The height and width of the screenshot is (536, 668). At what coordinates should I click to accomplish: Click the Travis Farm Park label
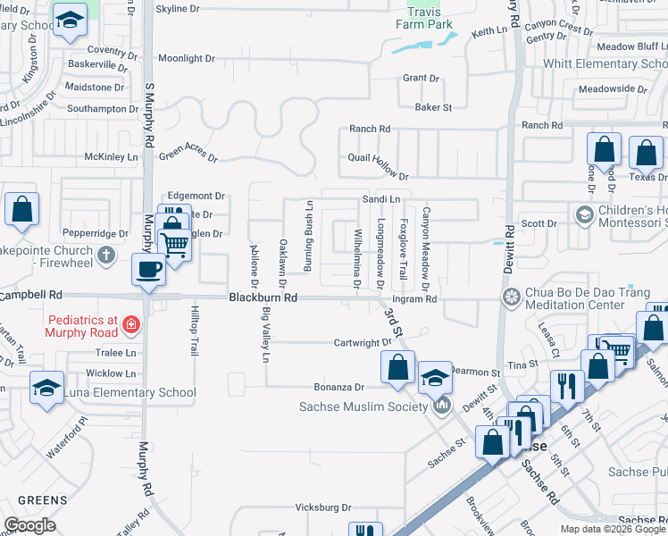coord(424,19)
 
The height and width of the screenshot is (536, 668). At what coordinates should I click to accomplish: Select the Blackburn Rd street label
coord(263,297)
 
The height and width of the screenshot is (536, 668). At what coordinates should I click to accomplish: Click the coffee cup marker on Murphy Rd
coord(148,268)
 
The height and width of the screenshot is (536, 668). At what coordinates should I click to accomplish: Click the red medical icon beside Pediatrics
coord(130,322)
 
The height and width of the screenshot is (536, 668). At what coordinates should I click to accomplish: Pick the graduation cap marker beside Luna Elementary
coord(46,388)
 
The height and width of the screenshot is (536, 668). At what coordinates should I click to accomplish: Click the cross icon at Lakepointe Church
coord(105,255)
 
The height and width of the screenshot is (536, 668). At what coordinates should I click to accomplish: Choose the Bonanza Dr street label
coord(339,387)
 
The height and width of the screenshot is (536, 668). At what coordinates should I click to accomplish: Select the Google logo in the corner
coord(30,525)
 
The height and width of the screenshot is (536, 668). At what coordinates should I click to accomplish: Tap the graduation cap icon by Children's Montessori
coord(585,214)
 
